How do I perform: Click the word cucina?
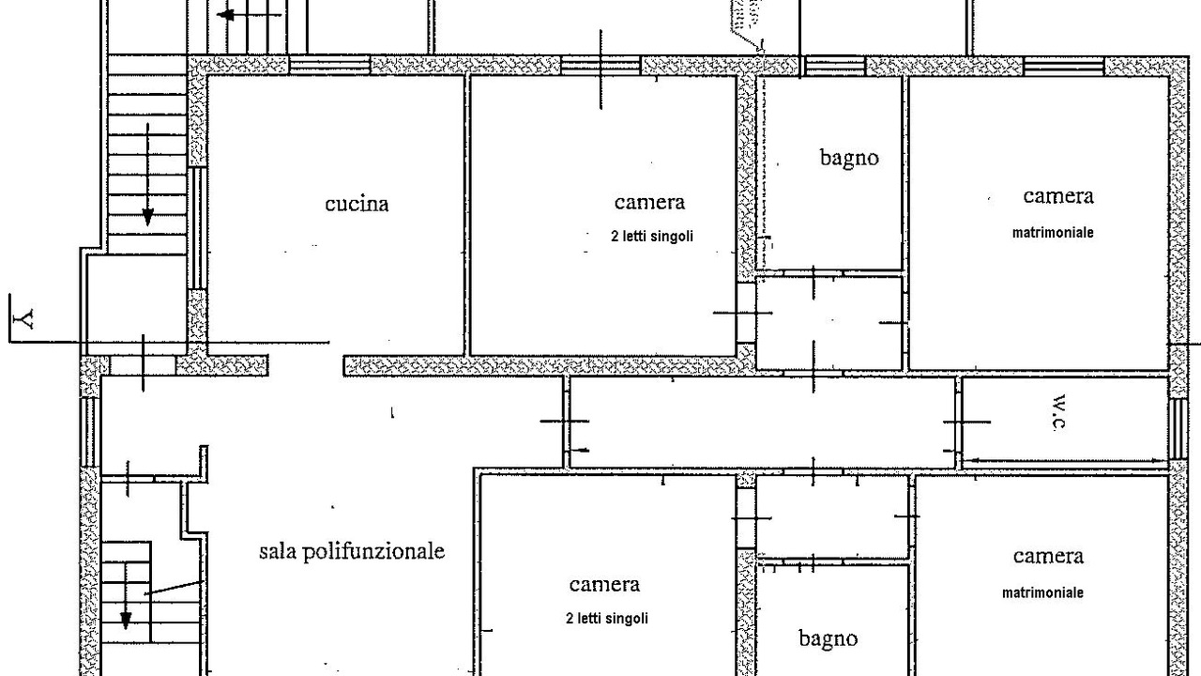[357, 204]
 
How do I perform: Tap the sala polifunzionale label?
[352, 551]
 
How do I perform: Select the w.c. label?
[1058, 412]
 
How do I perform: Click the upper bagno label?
[849, 159]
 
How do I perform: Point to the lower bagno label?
[828, 639]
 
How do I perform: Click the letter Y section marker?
[24, 318]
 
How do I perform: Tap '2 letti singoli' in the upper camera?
[652, 236]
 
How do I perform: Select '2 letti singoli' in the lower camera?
[607, 619]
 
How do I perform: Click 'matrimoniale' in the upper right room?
[1053, 233]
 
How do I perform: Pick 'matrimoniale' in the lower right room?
[1042, 592]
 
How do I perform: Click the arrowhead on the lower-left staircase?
[126, 621]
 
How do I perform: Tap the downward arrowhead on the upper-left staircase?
[148, 217]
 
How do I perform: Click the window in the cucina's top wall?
[329, 66]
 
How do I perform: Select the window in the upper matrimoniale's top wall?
[1064, 66]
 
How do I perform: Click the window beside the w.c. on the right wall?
[1178, 429]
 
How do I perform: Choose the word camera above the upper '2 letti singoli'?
[650, 202]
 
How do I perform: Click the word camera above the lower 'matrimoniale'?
[1048, 557]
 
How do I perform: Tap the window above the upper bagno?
[835, 66]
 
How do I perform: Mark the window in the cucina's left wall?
[197, 228]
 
